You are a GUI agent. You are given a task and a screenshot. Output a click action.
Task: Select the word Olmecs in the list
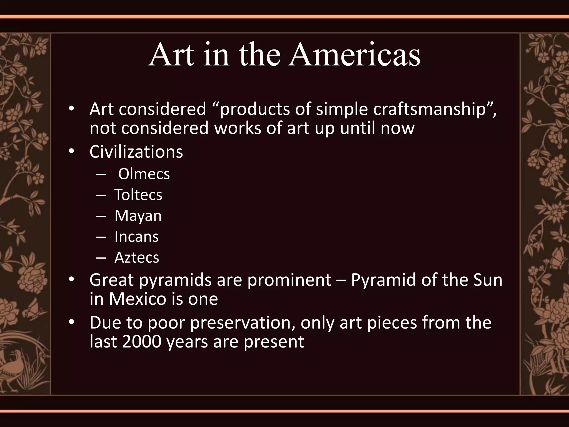pos(144,174)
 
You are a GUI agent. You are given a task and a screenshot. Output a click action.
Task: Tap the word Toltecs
pos(138,195)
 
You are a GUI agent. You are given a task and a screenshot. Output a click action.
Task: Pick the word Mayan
pos(138,216)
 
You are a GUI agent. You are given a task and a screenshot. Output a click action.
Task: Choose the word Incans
pos(136,237)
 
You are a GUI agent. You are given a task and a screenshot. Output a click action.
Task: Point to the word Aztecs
pos(137,257)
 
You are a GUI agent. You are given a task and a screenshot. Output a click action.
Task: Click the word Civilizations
pos(136,152)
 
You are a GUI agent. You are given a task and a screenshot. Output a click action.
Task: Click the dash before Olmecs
pos(100,175)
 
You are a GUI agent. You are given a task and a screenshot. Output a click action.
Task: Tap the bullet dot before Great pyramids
pos(72,279)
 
